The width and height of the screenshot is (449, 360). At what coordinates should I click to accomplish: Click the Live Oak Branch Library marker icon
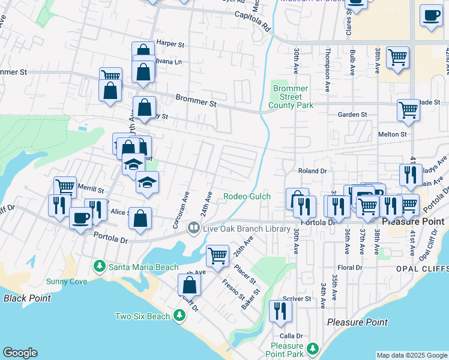point(193,227)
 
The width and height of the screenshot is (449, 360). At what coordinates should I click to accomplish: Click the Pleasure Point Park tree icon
point(312,349)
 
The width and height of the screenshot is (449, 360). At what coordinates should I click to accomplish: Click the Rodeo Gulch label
point(247,196)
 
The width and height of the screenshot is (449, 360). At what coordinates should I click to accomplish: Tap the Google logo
point(20,353)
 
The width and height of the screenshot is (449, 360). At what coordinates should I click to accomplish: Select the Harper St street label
point(170,44)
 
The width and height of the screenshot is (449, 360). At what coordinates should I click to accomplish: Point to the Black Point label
point(27,298)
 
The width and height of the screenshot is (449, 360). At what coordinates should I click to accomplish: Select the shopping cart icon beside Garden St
point(408,110)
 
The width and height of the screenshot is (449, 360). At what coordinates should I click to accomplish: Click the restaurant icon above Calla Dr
point(280,310)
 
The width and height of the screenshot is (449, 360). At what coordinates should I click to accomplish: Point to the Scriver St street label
point(299,298)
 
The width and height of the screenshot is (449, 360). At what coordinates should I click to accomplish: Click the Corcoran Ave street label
point(185,205)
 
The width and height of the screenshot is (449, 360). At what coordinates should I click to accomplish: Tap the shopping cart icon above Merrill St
point(65,187)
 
